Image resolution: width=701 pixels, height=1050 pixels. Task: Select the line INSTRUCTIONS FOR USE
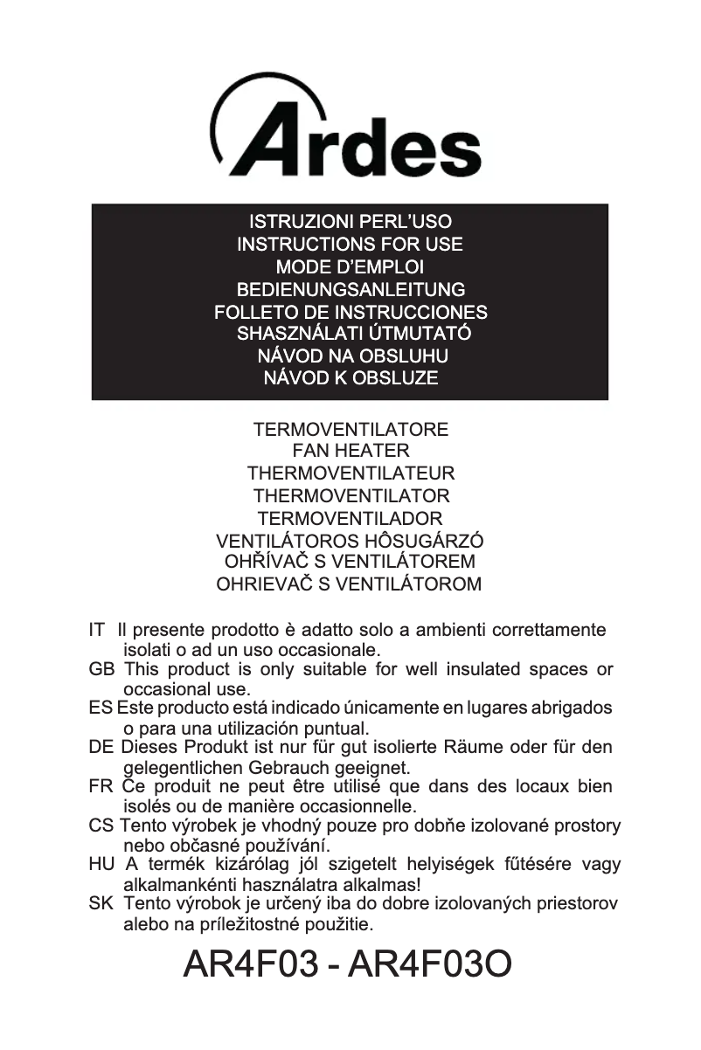pyautogui.click(x=350, y=245)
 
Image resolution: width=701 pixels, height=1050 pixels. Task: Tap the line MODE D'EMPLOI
pyautogui.click(x=350, y=266)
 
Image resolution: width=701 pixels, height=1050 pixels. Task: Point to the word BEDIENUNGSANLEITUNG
pyautogui.click(x=350, y=289)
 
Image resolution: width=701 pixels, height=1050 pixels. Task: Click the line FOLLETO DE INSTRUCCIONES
pyautogui.click(x=350, y=312)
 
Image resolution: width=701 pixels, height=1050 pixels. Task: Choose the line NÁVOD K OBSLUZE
pyautogui.click(x=350, y=378)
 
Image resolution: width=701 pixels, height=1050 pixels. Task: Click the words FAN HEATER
pyautogui.click(x=350, y=452)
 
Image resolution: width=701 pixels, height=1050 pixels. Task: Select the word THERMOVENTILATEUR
pyautogui.click(x=350, y=474)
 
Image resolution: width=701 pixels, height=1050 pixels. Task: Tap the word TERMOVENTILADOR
pyautogui.click(x=350, y=518)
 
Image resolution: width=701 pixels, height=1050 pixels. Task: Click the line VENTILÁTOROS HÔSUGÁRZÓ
pyautogui.click(x=350, y=541)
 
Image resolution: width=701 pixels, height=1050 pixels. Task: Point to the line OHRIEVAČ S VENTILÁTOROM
pyautogui.click(x=349, y=584)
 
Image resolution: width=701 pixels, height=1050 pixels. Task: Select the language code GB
pyautogui.click(x=100, y=670)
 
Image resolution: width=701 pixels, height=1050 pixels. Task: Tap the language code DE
pyautogui.click(x=101, y=748)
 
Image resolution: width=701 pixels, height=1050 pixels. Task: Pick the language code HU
pyautogui.click(x=101, y=865)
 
